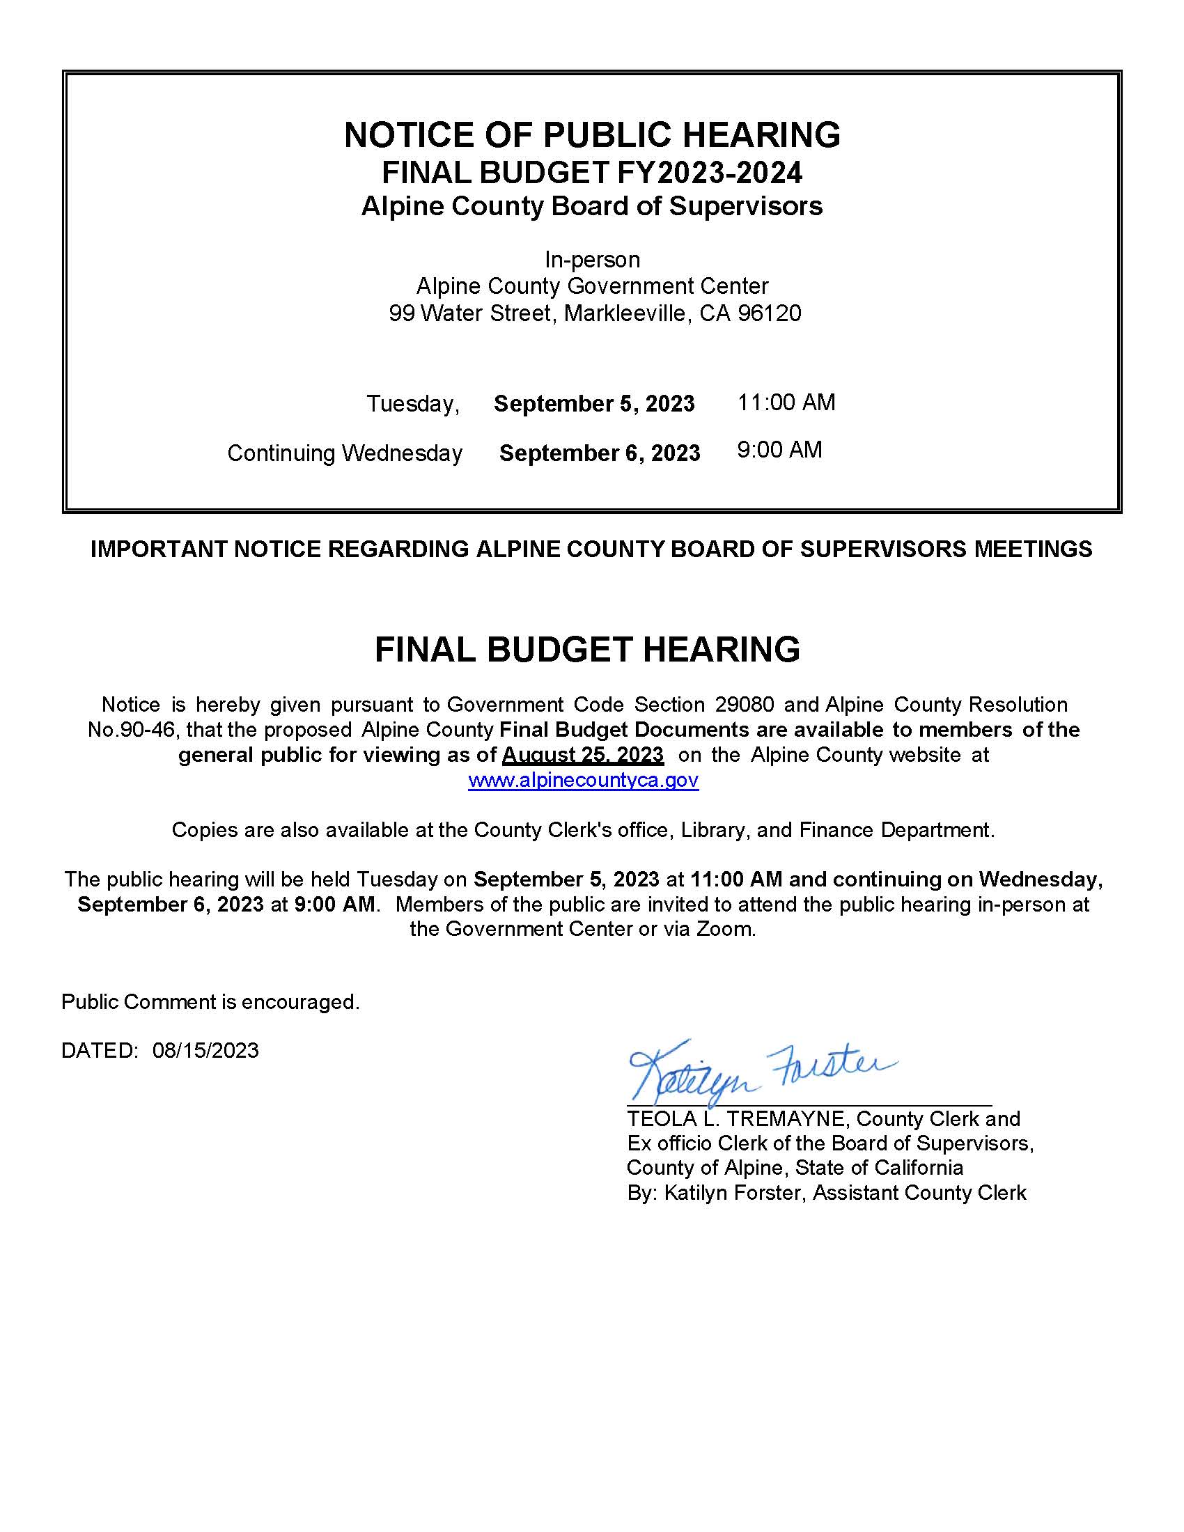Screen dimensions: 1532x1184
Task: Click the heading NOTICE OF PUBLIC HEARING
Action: (x=592, y=134)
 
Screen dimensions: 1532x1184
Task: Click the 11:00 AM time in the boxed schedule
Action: (x=786, y=402)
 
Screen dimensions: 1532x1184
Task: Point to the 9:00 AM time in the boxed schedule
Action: (x=779, y=450)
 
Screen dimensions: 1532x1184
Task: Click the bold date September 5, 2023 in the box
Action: (x=594, y=404)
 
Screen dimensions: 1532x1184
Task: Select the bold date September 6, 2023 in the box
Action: (x=600, y=453)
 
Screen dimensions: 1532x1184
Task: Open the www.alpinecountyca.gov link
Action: (x=583, y=780)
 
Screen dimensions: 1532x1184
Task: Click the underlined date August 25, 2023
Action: (x=583, y=755)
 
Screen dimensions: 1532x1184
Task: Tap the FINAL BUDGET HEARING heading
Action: (x=587, y=650)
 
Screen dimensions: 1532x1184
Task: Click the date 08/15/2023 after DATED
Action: (x=205, y=1050)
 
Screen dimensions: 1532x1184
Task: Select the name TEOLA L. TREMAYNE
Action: (x=738, y=1119)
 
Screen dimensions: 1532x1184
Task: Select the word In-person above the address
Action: (x=592, y=260)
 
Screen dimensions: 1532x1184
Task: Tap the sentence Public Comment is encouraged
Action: (x=210, y=1001)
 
